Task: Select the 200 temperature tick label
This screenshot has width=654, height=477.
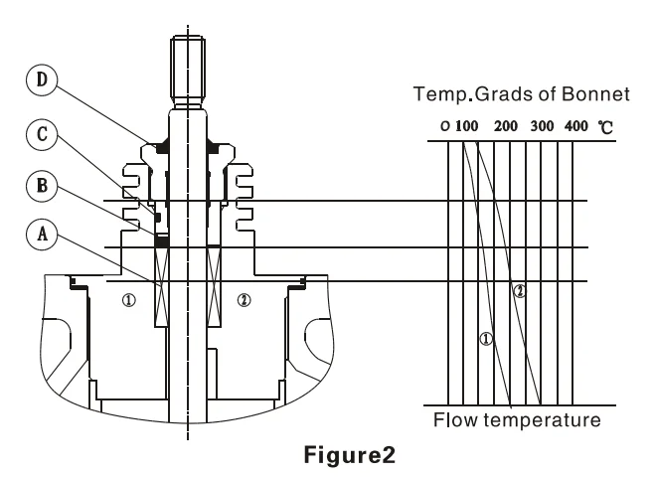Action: pos(506,128)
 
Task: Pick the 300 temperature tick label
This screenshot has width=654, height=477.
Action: pos(542,128)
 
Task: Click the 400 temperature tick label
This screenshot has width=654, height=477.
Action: pos(576,128)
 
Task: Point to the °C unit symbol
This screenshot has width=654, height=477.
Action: pos(605,128)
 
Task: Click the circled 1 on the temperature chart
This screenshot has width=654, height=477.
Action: pos(486,339)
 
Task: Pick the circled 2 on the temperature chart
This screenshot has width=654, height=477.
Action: pos(518,291)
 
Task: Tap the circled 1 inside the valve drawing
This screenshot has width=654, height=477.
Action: pos(128,299)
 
